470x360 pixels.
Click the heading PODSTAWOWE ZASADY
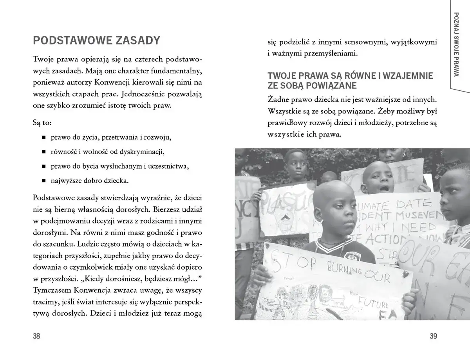click(x=97, y=40)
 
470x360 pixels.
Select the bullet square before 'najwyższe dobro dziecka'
click(x=43, y=181)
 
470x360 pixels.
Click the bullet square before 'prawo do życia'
click(x=43, y=138)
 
